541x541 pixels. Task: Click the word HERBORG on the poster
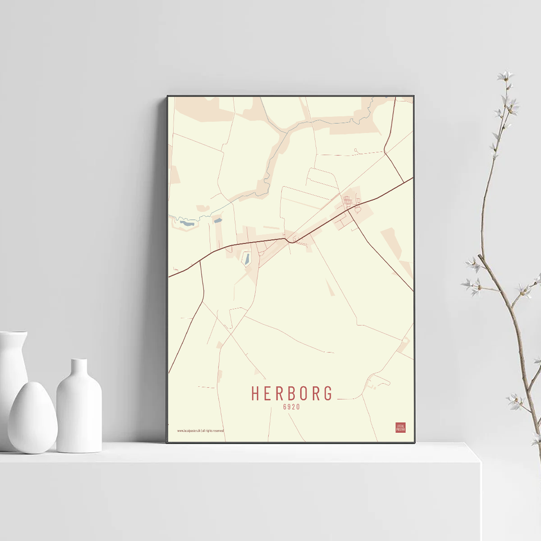pos(292,393)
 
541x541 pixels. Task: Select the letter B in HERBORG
pos(292,393)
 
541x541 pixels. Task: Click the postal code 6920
pos(291,407)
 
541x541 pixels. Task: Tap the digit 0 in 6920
pos(298,407)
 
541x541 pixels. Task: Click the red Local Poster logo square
pos(400,427)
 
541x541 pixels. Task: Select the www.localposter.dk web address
pos(189,431)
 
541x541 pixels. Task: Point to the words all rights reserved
pos(213,431)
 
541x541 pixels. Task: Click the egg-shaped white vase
pos(32,418)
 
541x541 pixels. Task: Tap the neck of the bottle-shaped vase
pos(79,367)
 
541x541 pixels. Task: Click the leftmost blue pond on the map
pos(187,222)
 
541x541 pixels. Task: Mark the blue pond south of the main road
pos(246,259)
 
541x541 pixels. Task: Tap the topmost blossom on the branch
pos(505,76)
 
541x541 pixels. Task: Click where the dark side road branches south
pos(201,262)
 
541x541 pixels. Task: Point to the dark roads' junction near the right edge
pos(384,152)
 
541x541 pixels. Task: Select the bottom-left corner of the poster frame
pos(168,442)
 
